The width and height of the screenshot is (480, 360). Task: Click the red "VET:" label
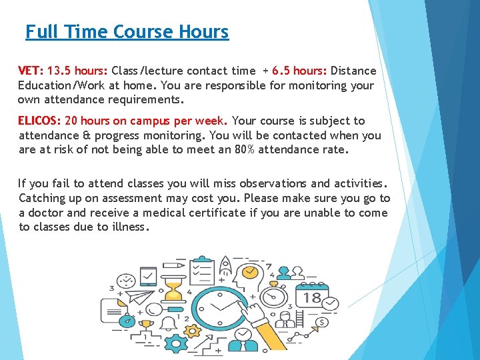[x=30, y=71]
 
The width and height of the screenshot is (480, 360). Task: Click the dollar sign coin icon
[x=322, y=322]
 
